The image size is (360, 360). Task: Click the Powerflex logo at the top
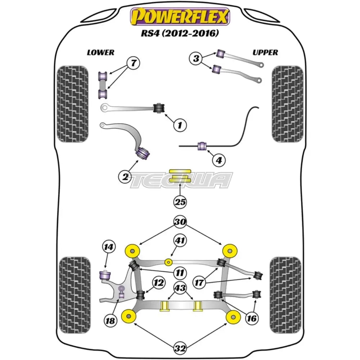pyautogui.click(x=180, y=17)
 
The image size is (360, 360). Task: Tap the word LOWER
pyautogui.click(x=100, y=53)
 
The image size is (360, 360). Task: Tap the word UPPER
pyautogui.click(x=265, y=53)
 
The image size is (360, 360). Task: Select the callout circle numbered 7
pyautogui.click(x=123, y=64)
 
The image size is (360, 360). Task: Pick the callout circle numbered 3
pyautogui.click(x=196, y=58)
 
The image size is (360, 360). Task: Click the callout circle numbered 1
pyautogui.click(x=180, y=125)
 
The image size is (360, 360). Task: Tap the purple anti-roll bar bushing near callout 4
pyautogui.click(x=202, y=146)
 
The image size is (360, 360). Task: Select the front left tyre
pyautogui.click(x=72, y=103)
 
